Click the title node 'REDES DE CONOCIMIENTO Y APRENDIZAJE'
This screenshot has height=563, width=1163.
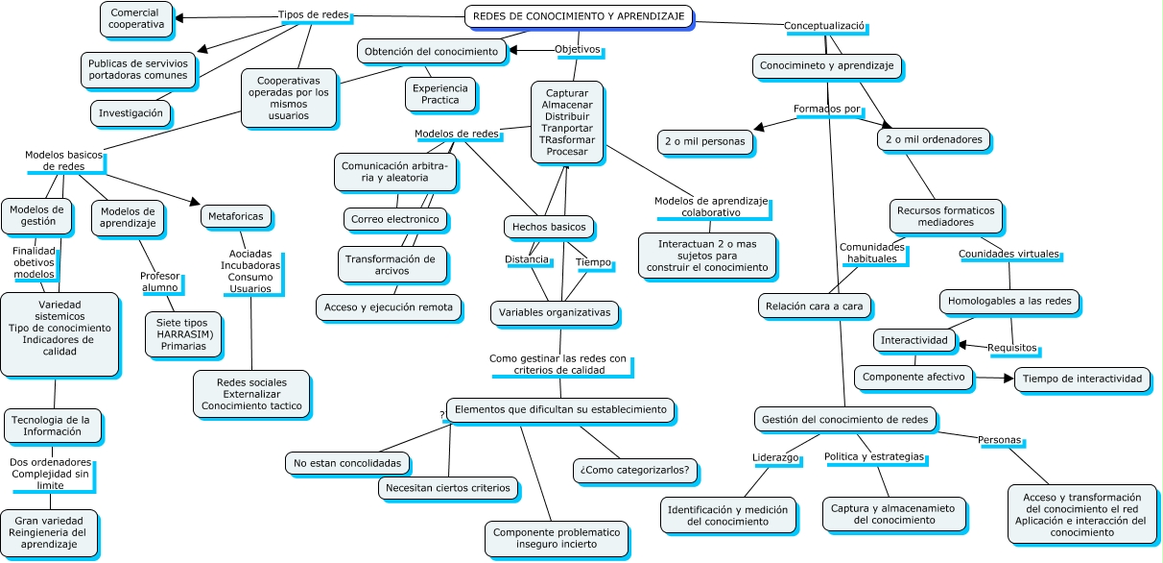pyautogui.click(x=579, y=16)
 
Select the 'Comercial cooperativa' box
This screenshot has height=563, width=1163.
pyautogui.click(x=136, y=18)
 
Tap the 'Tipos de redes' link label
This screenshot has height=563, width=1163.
pyautogui.click(x=313, y=14)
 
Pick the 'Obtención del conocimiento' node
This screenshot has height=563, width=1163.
pyautogui.click(x=432, y=52)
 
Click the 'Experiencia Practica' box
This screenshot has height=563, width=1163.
pyautogui.click(x=440, y=94)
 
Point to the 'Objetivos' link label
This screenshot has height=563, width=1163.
pyautogui.click(x=578, y=49)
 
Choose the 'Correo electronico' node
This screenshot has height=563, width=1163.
pyautogui.click(x=395, y=219)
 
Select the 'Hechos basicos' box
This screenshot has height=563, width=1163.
pyautogui.click(x=549, y=227)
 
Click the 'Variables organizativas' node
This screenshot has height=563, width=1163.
pyautogui.click(x=555, y=312)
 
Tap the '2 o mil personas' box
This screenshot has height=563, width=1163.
pyautogui.click(x=705, y=141)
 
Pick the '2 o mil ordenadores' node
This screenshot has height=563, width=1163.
pyautogui.click(x=934, y=139)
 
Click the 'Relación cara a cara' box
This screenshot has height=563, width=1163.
pyautogui.click(x=814, y=306)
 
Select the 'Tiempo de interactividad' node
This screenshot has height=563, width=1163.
pyautogui.click(x=1082, y=379)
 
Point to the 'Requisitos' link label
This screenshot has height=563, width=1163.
pyautogui.click(x=1012, y=348)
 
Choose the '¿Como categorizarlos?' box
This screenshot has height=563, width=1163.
pyautogui.click(x=635, y=470)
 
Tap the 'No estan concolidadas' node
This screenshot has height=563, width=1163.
pyautogui.click(x=347, y=463)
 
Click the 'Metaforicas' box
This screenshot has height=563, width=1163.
pyautogui.click(x=236, y=216)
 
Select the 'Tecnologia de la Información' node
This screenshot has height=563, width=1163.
pyautogui.click(x=53, y=426)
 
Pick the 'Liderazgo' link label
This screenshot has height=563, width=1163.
pyautogui.click(x=775, y=457)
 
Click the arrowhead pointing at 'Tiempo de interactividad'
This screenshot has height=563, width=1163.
pyautogui.click(x=1009, y=379)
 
